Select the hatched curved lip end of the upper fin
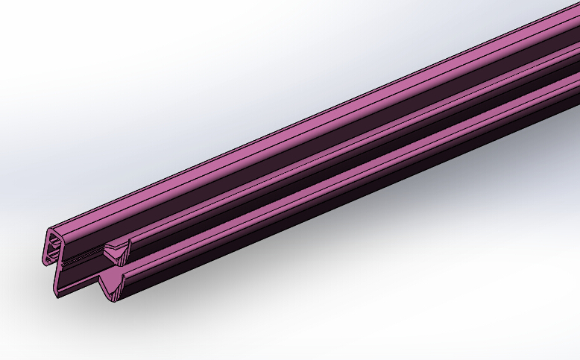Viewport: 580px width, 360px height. pos(126,246)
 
